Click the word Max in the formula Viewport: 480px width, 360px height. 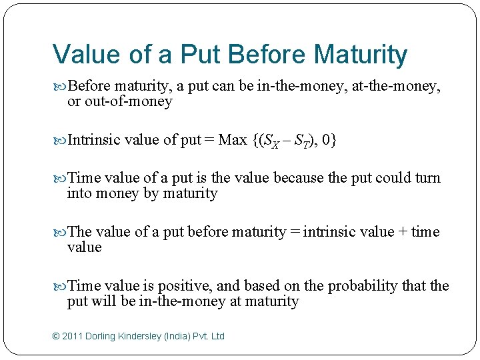(x=233, y=140)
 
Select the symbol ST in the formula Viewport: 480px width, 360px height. (x=303, y=141)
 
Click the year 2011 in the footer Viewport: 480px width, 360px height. (x=73, y=336)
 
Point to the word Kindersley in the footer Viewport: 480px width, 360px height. (x=145, y=336)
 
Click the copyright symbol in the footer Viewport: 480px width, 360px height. (x=55, y=336)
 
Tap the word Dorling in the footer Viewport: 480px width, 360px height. (x=103, y=336)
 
